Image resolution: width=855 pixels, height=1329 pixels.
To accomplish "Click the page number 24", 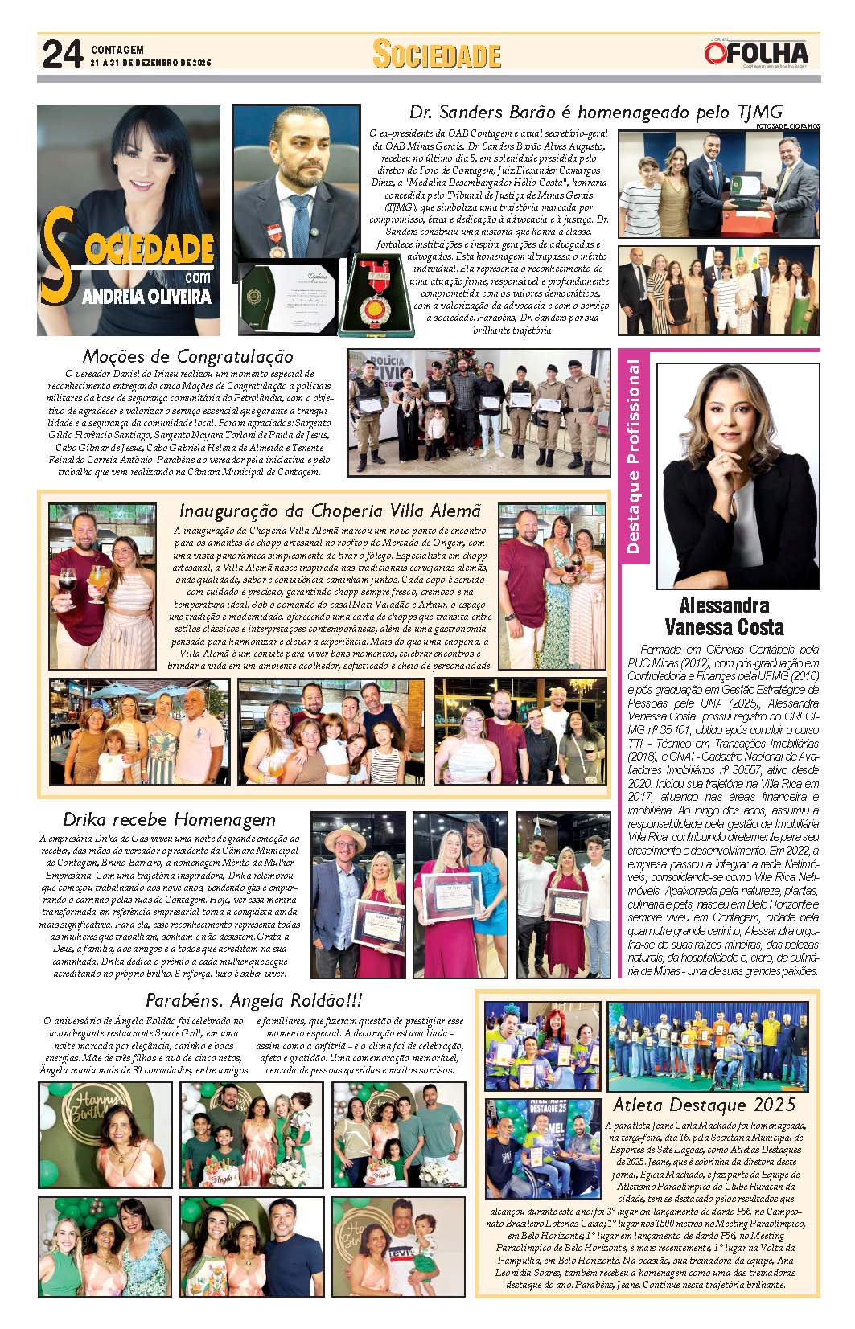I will pos(62,55).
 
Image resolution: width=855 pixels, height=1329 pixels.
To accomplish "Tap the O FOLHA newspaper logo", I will pos(756,53).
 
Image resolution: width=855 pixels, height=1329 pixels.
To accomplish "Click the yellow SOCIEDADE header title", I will pos(437,55).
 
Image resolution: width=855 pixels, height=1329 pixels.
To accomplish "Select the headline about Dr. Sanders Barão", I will pos(595,112).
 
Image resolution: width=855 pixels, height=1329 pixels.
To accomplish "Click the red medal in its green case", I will pos(376,296).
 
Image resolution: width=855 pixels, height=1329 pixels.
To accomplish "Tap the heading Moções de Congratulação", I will pos(187,356).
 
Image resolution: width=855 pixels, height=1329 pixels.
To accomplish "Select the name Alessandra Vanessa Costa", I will pos(724,616).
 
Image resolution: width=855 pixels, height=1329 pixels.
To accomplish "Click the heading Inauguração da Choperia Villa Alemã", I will pos(330,511).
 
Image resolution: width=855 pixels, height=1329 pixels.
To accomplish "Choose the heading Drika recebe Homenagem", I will pos(169,819).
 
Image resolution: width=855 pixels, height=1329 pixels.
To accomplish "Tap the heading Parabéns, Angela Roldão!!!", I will pos(253,1000).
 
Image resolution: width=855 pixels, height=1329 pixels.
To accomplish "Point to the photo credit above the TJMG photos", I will pos(787,126).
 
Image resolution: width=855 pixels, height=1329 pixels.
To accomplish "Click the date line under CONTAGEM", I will pos(150,63).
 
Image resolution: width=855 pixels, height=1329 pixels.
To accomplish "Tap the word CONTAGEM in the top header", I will pos(117,49).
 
